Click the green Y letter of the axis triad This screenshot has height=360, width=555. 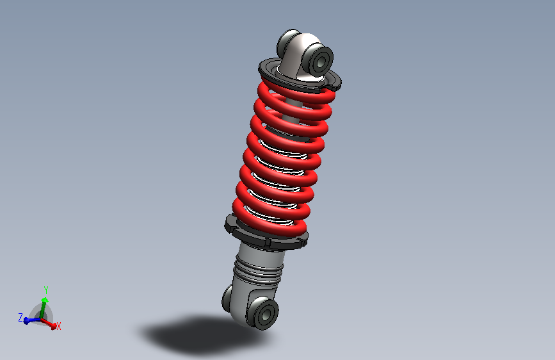[x=45, y=290]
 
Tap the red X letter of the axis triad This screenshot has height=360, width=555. [x=59, y=326]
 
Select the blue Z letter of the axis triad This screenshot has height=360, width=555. [x=20, y=318]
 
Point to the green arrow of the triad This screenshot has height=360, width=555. [x=43, y=308]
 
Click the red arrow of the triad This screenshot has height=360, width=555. [x=49, y=323]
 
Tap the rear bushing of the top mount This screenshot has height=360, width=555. [x=287, y=41]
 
